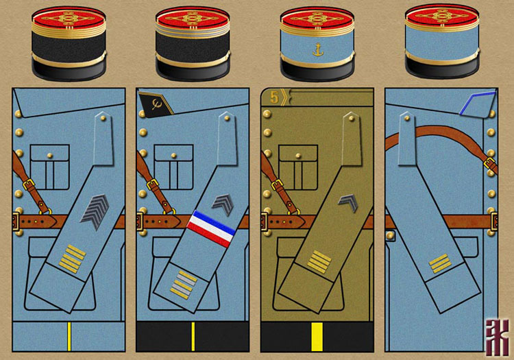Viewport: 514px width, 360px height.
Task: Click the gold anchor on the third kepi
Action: (x=317, y=49)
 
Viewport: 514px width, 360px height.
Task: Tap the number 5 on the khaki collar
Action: (x=274, y=97)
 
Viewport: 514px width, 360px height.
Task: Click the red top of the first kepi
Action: (x=69, y=14)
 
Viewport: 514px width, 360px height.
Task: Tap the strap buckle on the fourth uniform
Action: (x=490, y=164)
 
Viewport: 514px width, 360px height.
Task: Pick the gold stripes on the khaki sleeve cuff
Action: (x=319, y=261)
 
